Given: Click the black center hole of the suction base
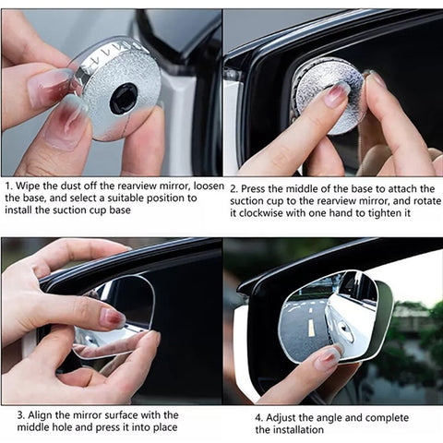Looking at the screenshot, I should click(x=123, y=98).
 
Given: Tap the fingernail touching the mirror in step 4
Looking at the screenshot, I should click(x=326, y=358).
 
